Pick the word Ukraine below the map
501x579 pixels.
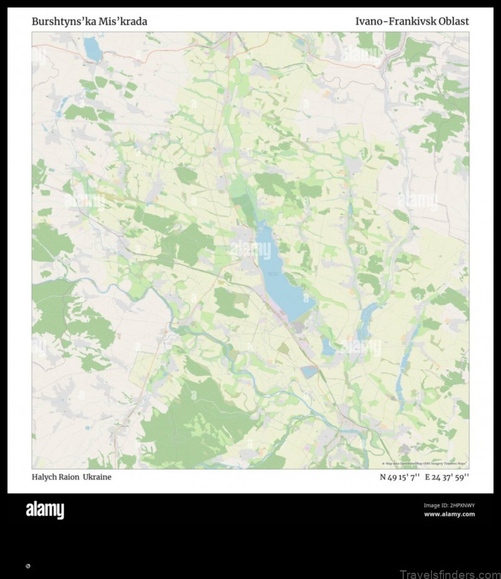[99, 477]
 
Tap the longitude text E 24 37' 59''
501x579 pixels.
[447, 477]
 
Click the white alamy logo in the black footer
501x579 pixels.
[44, 511]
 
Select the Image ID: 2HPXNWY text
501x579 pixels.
[449, 505]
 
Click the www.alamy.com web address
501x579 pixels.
[449, 515]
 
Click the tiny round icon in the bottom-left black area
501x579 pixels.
[28, 566]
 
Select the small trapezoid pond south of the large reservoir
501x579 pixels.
[309, 371]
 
